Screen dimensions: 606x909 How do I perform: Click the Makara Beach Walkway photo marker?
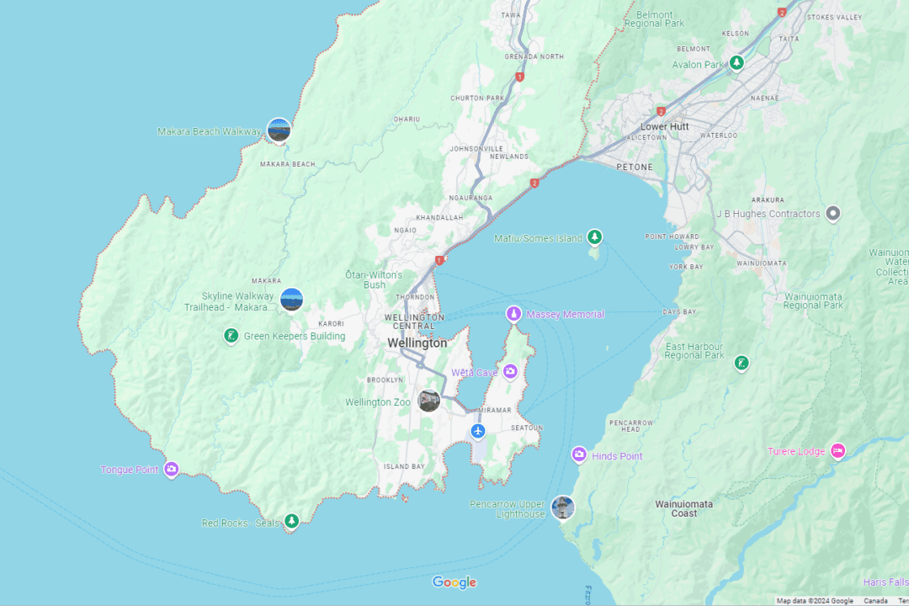coord(279,130)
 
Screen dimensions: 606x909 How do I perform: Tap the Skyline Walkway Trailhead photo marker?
coord(291,300)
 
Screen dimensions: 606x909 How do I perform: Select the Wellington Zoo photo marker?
coord(429,401)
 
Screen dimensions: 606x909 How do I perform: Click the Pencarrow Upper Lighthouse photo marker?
coord(562,508)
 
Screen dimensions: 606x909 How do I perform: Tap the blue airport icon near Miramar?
coord(478,432)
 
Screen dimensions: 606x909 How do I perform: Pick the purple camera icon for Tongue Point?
coord(172,470)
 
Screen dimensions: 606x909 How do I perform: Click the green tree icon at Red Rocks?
coord(291,522)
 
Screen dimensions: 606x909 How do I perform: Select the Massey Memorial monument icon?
coord(513,314)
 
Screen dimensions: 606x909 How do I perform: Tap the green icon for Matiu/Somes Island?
coord(595,238)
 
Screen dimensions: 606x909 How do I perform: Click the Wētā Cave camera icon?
coord(510,372)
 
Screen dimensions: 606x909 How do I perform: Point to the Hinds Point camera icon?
coord(579,455)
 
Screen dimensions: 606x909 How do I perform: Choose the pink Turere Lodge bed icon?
coord(837,451)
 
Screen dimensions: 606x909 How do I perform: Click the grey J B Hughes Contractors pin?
coord(833,214)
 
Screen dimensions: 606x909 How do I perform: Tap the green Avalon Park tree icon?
coord(736,63)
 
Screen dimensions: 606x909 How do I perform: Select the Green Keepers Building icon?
coord(231,337)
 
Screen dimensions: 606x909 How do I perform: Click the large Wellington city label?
coord(417,343)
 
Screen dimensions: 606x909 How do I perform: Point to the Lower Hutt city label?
coord(665,126)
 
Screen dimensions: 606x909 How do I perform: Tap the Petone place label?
coord(635,167)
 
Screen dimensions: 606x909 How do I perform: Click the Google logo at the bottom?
coord(454,582)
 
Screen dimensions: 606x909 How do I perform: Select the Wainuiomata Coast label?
coord(684,508)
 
